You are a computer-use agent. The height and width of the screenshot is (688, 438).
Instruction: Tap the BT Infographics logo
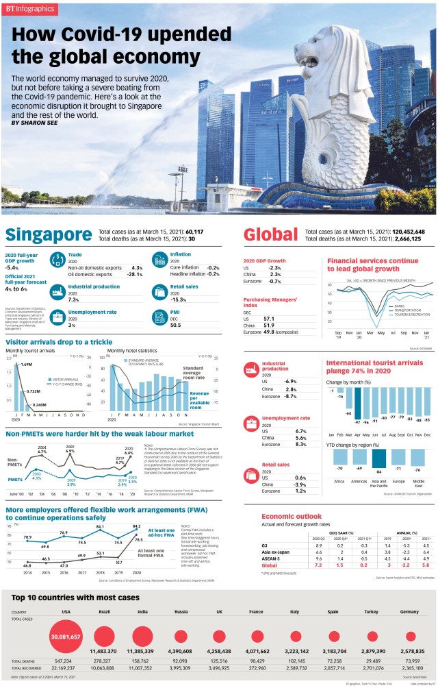[x=33, y=9]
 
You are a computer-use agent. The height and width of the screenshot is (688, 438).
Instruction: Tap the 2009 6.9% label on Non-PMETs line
[x=70, y=452]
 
